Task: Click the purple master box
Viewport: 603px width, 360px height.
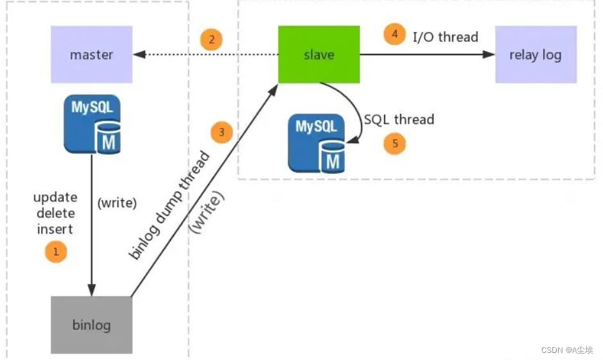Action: (92, 55)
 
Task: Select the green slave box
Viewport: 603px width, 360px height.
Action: (319, 55)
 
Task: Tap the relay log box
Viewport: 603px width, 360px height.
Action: (536, 55)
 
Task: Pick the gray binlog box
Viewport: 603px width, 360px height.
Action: (92, 325)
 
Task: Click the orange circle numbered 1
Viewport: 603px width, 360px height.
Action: (56, 252)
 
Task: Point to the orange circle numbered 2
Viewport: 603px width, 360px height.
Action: (211, 39)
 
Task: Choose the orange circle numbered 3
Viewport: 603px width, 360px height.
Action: (222, 132)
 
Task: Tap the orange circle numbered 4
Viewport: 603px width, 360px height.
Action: (394, 34)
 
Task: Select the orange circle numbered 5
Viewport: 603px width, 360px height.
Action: (394, 143)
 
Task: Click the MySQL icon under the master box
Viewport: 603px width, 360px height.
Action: (92, 124)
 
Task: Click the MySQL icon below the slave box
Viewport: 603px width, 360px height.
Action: (317, 143)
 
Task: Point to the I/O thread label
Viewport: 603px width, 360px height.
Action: (445, 37)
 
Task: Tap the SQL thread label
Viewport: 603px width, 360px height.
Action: (399, 119)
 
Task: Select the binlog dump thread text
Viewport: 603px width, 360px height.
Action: (169, 205)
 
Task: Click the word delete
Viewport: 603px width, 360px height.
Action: (56, 213)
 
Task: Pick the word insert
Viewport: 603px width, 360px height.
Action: (55, 229)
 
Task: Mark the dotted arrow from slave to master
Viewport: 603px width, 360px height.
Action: (205, 55)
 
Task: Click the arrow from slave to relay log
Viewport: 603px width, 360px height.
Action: (427, 55)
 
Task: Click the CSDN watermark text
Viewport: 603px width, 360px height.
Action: (567, 350)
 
